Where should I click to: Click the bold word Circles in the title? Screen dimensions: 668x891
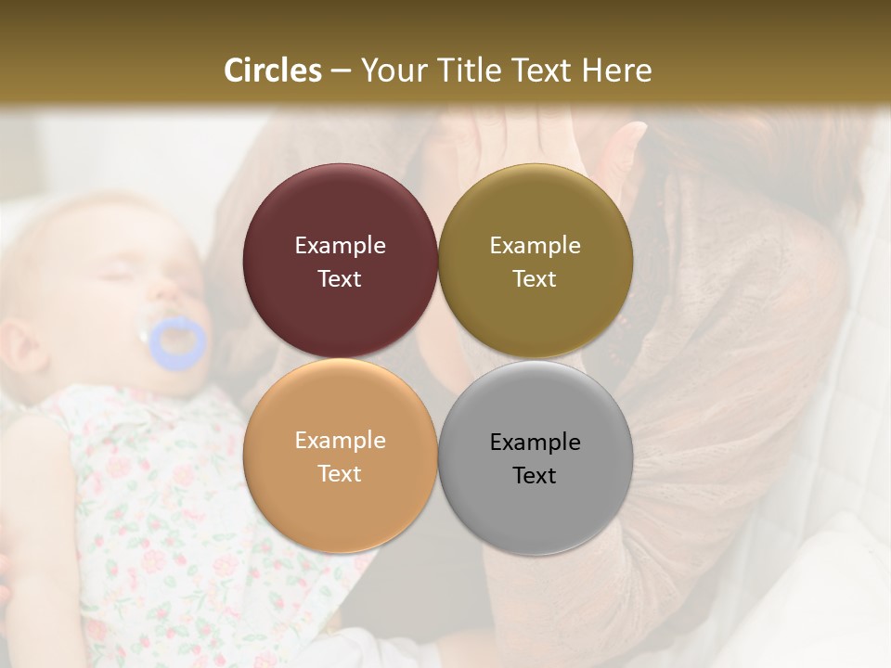(x=273, y=71)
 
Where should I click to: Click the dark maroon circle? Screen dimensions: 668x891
(x=341, y=213)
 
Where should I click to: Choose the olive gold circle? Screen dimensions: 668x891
(x=536, y=213)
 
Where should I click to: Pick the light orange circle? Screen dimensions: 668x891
(x=341, y=506)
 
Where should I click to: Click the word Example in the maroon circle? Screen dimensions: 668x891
(x=340, y=246)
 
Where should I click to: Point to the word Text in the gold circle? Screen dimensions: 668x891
(x=535, y=279)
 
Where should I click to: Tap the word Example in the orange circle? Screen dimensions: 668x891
(x=340, y=441)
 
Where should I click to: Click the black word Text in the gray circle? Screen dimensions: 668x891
(x=535, y=476)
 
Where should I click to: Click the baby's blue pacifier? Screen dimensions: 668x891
(x=177, y=343)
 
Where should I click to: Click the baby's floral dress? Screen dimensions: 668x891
(x=158, y=520)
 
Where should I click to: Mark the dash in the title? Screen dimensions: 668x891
(x=341, y=71)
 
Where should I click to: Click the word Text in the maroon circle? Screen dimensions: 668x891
(x=340, y=279)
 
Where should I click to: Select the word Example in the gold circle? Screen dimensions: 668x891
(x=535, y=246)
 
